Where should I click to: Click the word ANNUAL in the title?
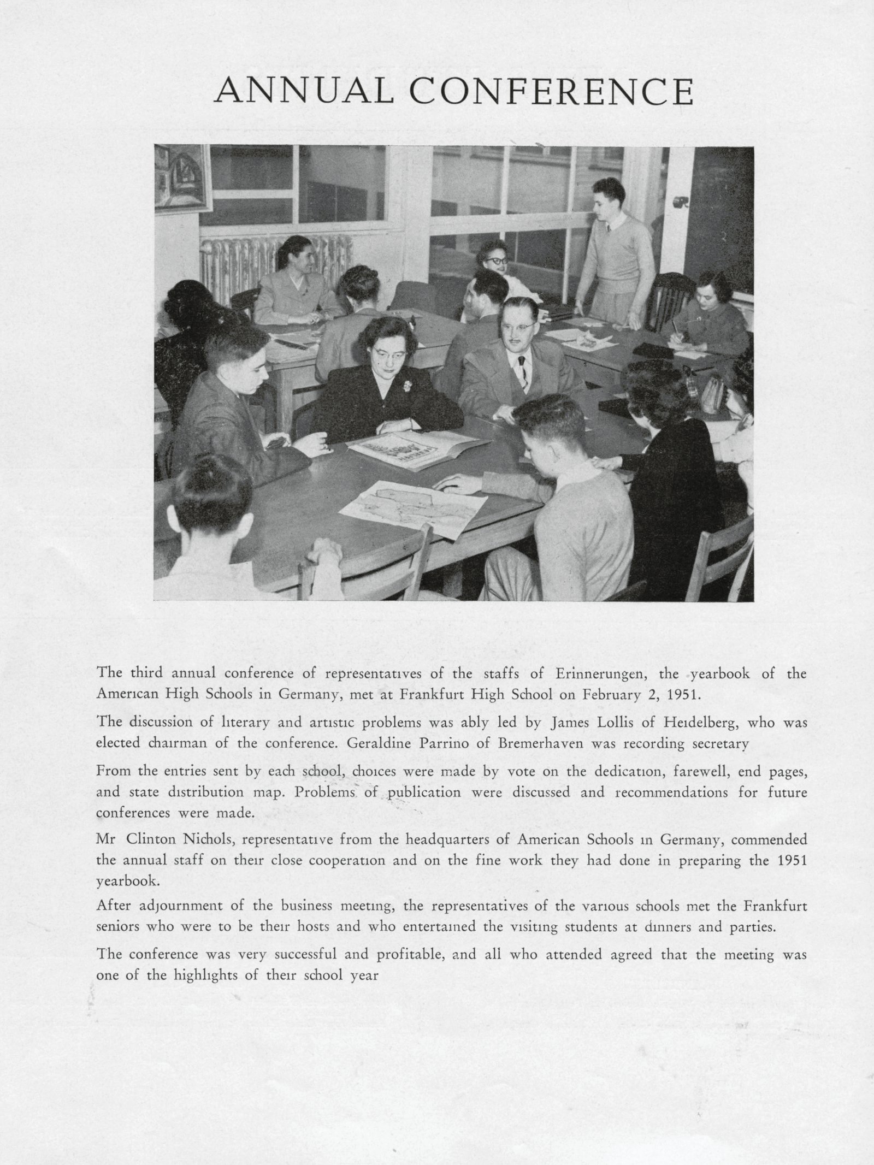pyautogui.click(x=304, y=91)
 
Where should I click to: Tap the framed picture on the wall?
pyautogui.click(x=182, y=178)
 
